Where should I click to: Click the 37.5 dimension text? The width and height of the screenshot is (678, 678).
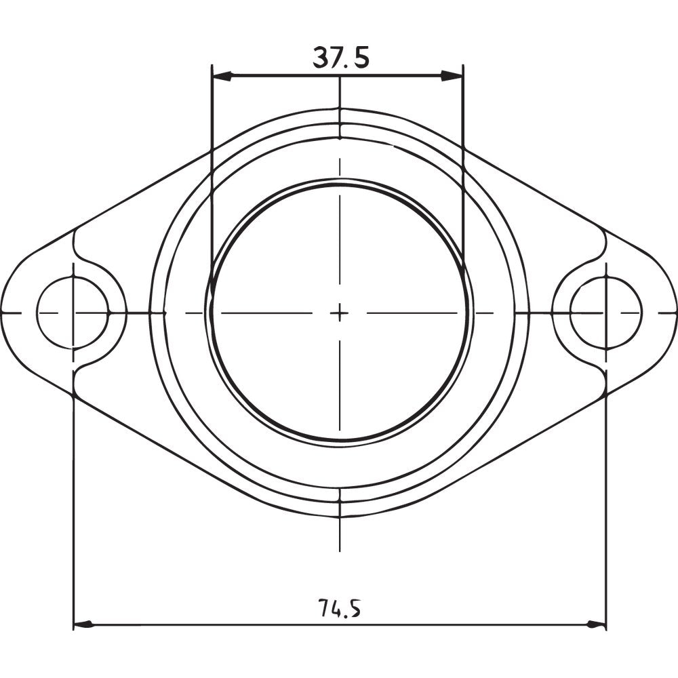click(x=340, y=58)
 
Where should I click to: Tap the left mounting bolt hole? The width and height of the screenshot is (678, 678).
click(x=73, y=313)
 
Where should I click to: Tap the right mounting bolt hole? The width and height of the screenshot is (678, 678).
click(x=605, y=313)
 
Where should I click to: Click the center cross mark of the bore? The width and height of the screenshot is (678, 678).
click(x=340, y=313)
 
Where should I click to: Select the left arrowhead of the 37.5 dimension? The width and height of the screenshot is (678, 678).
click(x=220, y=76)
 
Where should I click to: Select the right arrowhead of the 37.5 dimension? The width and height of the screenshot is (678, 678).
click(x=454, y=76)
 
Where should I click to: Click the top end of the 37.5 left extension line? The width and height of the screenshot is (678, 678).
click(x=212, y=66)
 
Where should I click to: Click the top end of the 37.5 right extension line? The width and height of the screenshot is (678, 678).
click(x=463, y=66)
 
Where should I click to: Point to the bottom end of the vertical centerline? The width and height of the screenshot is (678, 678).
click(x=340, y=551)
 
